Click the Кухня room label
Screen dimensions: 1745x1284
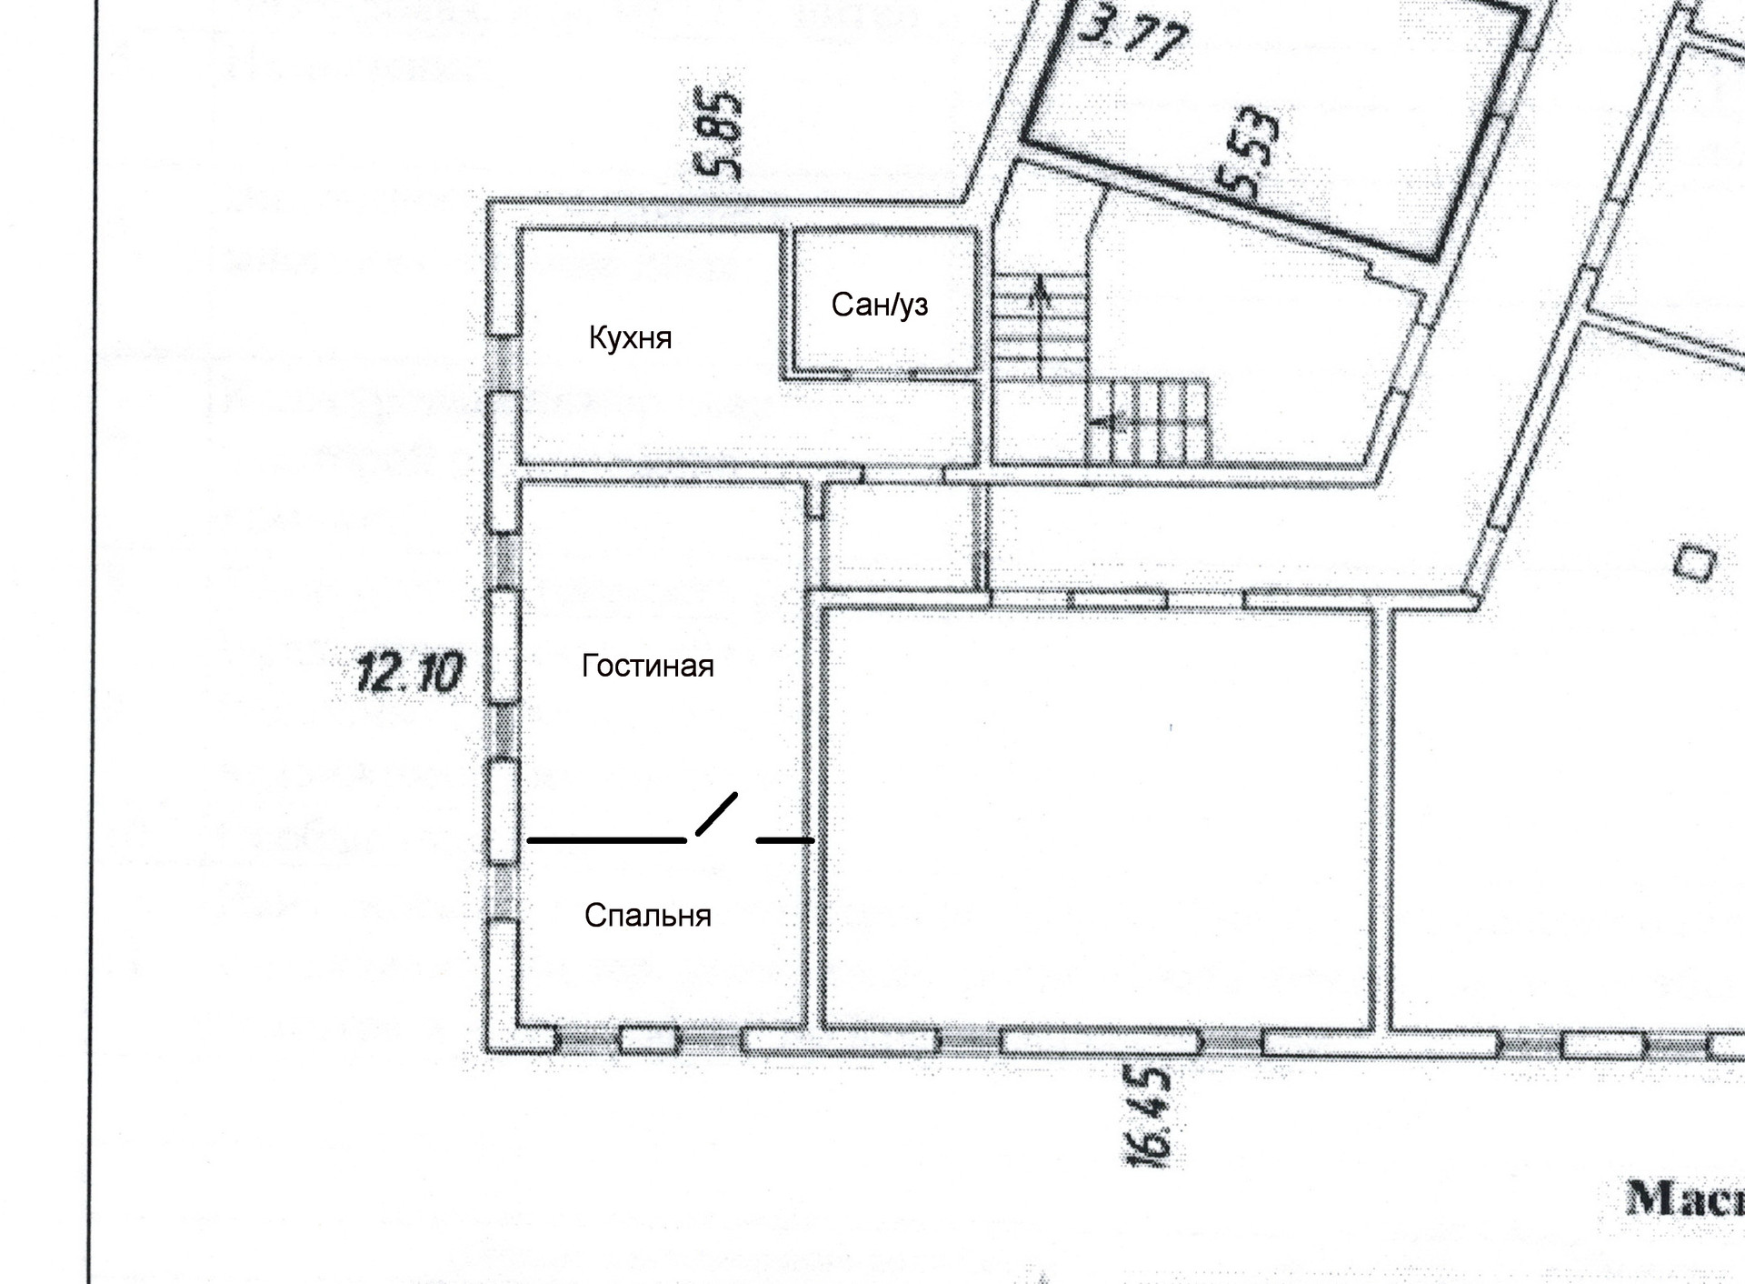coord(630,338)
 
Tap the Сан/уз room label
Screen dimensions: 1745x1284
coord(879,305)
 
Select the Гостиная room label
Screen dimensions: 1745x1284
coord(647,667)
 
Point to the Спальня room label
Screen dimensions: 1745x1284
coord(647,915)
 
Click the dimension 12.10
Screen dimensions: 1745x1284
coord(409,674)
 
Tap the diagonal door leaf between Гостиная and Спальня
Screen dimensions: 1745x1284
coord(716,814)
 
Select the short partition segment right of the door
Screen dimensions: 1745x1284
coord(785,841)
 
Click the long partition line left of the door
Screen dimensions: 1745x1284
coord(606,841)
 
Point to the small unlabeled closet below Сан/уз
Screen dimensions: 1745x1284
coord(900,541)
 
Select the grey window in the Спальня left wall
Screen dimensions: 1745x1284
coord(503,891)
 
